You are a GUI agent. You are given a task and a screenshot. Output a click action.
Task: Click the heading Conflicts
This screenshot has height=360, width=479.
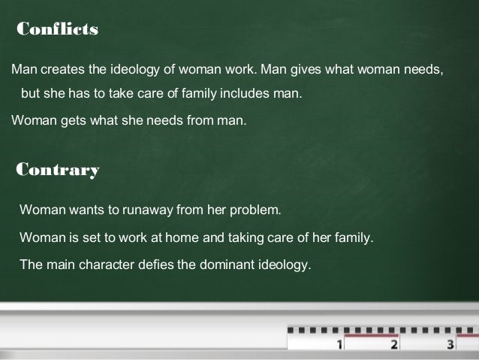(58, 29)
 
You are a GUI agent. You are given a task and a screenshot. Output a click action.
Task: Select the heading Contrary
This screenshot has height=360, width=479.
(58, 169)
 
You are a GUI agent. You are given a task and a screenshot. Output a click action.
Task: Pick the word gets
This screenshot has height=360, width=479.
(72, 119)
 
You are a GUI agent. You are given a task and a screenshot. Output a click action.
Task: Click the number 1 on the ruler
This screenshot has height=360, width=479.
(340, 346)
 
